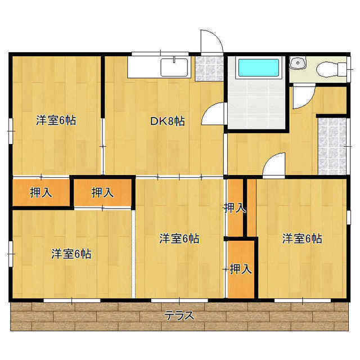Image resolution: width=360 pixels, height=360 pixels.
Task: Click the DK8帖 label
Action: (x=168, y=121)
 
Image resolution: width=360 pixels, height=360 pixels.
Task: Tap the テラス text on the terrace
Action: (x=179, y=316)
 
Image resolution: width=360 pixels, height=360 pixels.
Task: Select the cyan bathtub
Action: (x=259, y=67)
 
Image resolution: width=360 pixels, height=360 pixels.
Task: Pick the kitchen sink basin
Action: (x=174, y=67)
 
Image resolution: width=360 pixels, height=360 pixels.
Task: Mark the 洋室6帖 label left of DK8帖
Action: (x=56, y=120)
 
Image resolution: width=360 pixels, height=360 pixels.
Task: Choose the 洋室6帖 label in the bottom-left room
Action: (x=71, y=254)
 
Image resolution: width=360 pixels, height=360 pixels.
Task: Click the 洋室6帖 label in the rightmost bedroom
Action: (x=302, y=238)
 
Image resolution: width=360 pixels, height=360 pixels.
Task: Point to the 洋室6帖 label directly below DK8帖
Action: (x=179, y=238)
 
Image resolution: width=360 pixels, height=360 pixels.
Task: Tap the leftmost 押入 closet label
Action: (x=41, y=192)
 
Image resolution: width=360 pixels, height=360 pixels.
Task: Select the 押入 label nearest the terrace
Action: (x=241, y=269)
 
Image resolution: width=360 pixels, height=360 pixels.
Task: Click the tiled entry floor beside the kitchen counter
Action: (x=209, y=69)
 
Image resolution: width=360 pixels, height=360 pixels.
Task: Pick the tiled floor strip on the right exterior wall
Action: (x=332, y=146)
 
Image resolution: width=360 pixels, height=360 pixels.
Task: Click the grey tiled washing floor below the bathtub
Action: (x=256, y=104)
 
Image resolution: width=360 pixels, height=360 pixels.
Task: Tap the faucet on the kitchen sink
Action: (x=174, y=60)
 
